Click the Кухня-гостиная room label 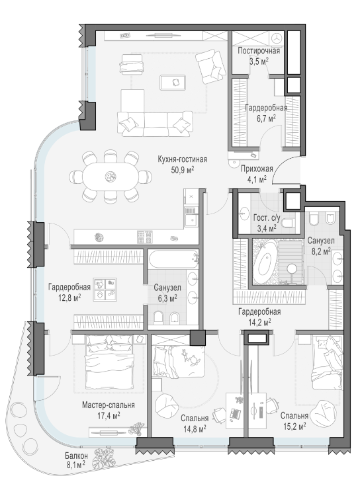(x=182, y=159)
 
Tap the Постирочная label (x=259, y=51)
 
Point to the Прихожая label (x=257, y=169)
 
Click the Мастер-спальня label (x=109, y=405)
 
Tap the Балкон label (x=76, y=456)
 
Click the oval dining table (x=110, y=177)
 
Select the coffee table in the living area (x=172, y=83)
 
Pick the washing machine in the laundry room (x=278, y=38)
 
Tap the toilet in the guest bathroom (x=288, y=223)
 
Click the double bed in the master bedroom (x=109, y=362)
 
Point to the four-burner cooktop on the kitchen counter (x=145, y=237)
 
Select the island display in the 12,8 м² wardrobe (x=105, y=290)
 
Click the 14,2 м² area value (x=259, y=322)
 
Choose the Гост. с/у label (x=267, y=218)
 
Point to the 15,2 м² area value (x=294, y=426)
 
